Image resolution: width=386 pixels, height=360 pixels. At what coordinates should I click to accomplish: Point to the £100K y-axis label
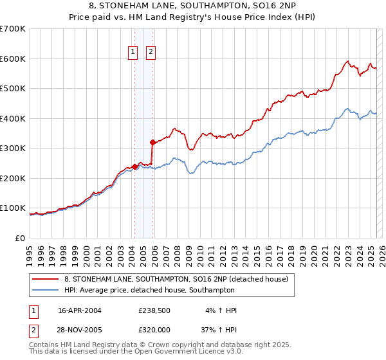pyautogui.click(x=13, y=208)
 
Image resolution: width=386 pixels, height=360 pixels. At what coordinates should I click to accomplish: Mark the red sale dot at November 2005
pyautogui.click(x=152, y=142)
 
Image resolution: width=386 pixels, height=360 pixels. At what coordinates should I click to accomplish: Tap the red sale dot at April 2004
pyautogui.click(x=134, y=166)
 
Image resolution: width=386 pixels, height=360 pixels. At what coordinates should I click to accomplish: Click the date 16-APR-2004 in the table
pyautogui.click(x=80, y=310)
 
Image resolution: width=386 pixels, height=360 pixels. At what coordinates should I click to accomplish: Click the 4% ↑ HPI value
pyautogui.click(x=219, y=310)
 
